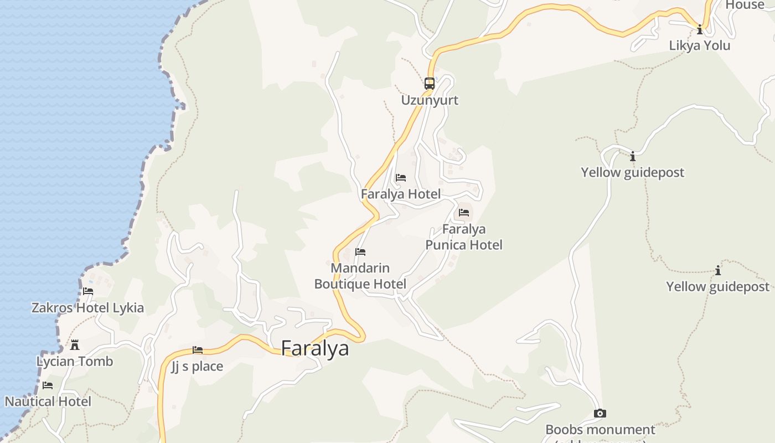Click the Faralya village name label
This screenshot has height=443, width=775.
[x=315, y=348]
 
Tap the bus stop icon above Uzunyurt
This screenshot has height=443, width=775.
[x=430, y=84]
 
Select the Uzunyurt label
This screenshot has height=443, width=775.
[x=430, y=100]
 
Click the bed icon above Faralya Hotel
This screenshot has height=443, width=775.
[x=401, y=178]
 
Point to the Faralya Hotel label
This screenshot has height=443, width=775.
[x=401, y=194]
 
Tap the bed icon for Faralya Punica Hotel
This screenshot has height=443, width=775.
[x=464, y=212]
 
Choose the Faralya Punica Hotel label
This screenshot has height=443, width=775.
[x=464, y=236]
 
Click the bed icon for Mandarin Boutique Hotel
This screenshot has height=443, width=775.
[x=360, y=252]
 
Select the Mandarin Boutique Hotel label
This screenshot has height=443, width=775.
[x=360, y=276]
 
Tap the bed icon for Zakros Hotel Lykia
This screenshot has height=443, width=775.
[x=88, y=291]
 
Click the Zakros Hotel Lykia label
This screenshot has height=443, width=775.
[x=87, y=308]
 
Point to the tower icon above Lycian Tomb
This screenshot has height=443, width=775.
[x=75, y=346]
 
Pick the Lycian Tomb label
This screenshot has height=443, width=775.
[x=75, y=362]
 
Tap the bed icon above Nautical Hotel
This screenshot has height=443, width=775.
[x=48, y=385]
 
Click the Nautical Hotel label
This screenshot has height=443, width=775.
[x=48, y=401]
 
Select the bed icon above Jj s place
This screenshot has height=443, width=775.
[x=198, y=350]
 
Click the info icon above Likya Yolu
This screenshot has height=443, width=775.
[x=700, y=29]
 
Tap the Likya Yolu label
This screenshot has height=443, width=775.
[x=700, y=45]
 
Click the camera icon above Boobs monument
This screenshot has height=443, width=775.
[x=600, y=414]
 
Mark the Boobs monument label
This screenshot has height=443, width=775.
[x=600, y=430]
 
